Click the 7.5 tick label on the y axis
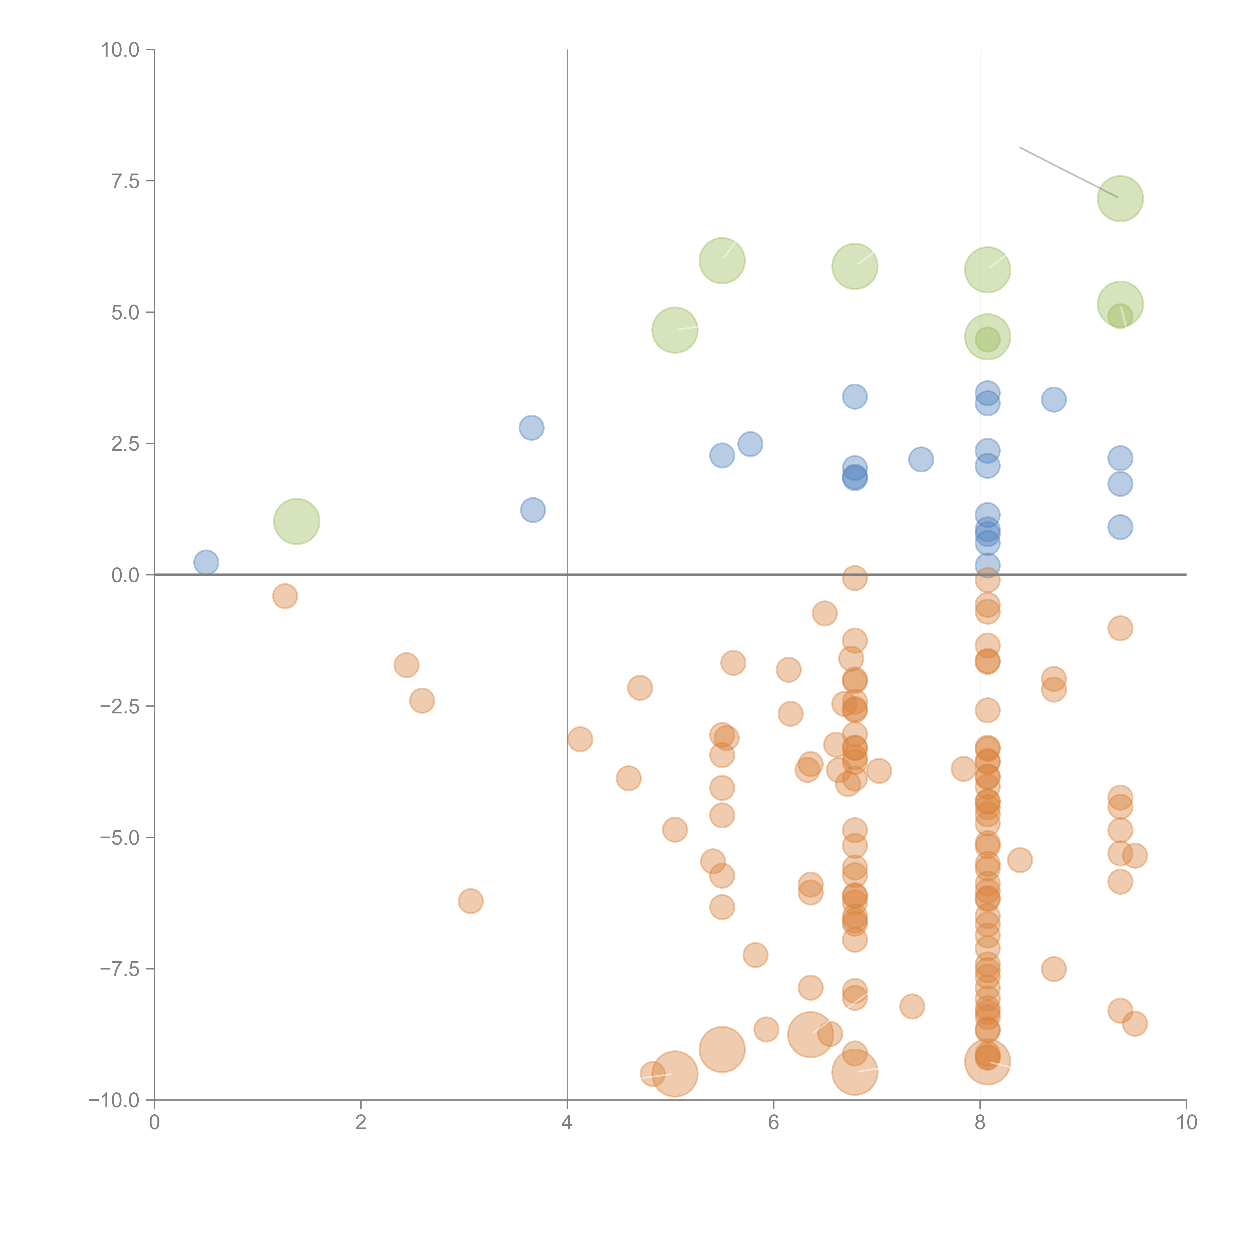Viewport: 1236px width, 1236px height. (125, 181)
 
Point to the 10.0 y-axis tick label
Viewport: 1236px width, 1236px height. (120, 50)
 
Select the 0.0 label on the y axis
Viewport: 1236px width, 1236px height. (125, 575)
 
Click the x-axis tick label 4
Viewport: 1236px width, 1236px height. (567, 1122)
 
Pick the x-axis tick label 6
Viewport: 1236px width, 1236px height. (773, 1122)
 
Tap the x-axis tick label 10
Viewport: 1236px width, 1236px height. (1186, 1122)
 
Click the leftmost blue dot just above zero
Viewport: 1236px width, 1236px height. (206, 562)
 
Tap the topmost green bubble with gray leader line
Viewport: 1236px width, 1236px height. (1120, 198)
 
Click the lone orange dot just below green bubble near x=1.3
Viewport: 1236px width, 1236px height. (285, 596)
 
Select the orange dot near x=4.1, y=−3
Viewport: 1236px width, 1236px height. (580, 739)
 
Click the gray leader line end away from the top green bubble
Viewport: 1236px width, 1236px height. (1020, 148)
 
